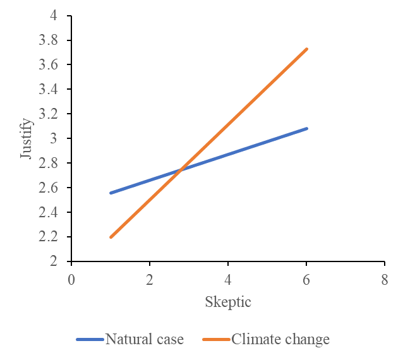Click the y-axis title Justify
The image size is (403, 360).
tap(26, 138)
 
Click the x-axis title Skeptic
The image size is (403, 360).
tap(228, 303)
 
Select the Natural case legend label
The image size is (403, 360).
tap(145, 340)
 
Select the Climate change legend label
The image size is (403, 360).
tap(280, 340)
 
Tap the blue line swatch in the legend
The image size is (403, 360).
tap(90, 340)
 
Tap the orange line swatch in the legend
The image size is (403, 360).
tap(216, 340)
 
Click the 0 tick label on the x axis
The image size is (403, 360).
tap(71, 280)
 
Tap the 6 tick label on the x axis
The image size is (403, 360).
tap(306, 280)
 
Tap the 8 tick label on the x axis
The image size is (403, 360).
tap(385, 280)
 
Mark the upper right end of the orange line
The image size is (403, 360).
tap(306, 49)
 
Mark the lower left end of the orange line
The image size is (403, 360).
tap(111, 237)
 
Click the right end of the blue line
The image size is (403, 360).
tap(306, 128)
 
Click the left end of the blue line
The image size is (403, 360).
tap(111, 193)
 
